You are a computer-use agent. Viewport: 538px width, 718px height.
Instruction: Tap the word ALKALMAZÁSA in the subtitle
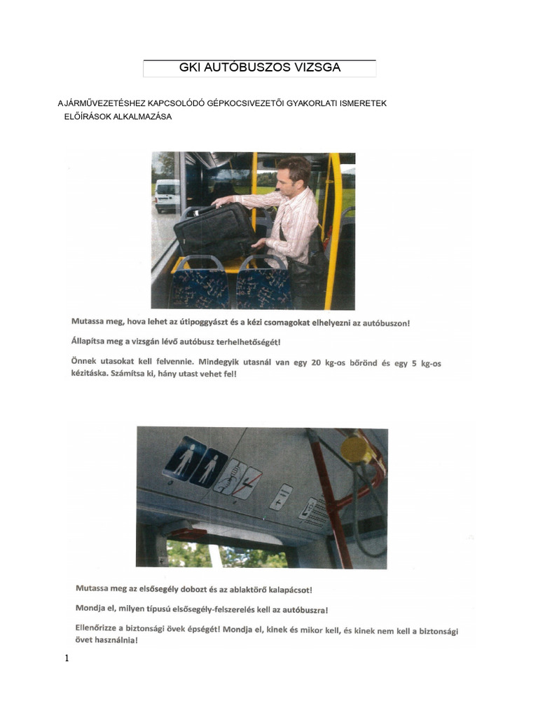tap(142, 116)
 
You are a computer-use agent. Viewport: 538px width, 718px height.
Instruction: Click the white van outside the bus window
tap(167, 196)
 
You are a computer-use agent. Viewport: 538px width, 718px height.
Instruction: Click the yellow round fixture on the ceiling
tap(355, 449)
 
